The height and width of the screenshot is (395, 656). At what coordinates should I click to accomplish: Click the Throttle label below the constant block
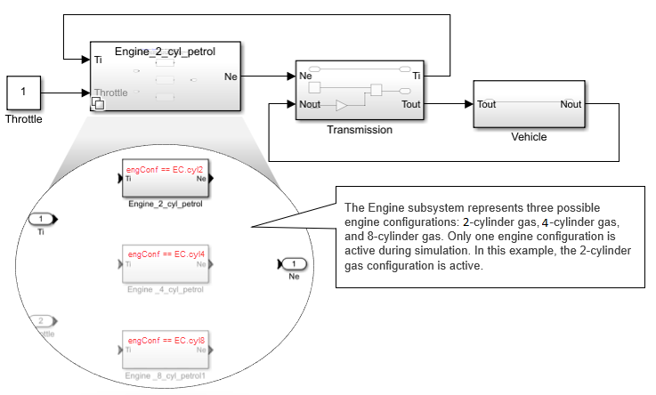coord(23,118)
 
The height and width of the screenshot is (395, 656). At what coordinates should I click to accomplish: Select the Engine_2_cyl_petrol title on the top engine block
coord(165,52)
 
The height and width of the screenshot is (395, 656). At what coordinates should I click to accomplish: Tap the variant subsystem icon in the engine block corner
coord(97,105)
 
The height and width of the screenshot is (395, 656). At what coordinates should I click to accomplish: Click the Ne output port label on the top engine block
coord(231,77)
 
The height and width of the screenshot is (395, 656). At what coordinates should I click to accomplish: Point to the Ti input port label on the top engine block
coord(97,60)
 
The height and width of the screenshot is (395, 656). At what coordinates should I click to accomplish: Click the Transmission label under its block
coord(359,130)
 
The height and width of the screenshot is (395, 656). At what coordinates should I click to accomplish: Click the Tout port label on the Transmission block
coord(411,104)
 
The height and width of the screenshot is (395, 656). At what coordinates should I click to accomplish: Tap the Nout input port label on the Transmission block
coord(310,104)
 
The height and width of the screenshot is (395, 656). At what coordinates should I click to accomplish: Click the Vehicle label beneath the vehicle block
coord(529,137)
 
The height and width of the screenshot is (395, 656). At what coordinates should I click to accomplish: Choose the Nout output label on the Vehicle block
coord(571,104)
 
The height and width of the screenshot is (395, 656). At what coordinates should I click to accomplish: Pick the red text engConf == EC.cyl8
coord(166,341)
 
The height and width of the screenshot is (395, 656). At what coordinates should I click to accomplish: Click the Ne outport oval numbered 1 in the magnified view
coord(295,263)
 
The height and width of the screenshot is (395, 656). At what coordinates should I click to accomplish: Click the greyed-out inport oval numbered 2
coord(41,320)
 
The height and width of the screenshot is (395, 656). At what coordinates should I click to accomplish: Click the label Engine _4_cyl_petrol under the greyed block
coord(166,289)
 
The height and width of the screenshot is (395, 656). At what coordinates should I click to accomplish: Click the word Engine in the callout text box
coord(377,206)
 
